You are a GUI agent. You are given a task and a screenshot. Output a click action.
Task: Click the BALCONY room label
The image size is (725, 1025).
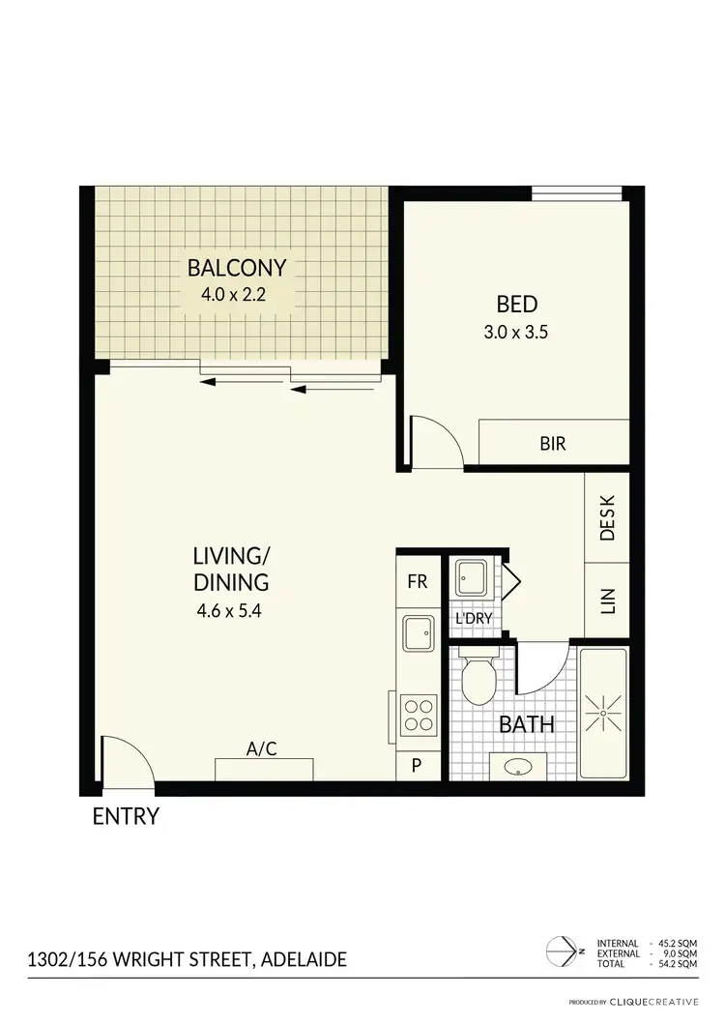tap(237, 267)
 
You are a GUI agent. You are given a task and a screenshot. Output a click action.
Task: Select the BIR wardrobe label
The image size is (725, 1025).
tap(553, 445)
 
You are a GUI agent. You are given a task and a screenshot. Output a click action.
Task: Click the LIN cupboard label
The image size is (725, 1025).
tap(607, 601)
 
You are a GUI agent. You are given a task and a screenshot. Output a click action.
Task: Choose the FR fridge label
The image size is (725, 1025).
tap(417, 582)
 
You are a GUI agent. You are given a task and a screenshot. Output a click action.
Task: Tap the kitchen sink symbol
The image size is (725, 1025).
tap(420, 634)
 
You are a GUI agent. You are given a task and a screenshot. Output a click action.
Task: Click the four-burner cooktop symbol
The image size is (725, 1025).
tap(420, 716)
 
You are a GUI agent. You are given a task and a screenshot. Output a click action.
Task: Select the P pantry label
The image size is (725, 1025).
tap(417, 765)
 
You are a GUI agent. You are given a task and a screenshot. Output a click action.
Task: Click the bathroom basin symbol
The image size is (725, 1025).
tap(519, 769)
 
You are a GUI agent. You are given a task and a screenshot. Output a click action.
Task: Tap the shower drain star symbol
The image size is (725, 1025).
tap(602, 713)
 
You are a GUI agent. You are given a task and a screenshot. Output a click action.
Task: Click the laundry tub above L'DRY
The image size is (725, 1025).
tap(473, 580)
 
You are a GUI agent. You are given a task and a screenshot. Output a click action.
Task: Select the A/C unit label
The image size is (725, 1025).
tap(262, 748)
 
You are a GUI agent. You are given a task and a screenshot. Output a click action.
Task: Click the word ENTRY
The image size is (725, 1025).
tap(125, 816)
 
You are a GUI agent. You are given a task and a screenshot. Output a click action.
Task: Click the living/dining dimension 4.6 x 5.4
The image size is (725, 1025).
tap(230, 610)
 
